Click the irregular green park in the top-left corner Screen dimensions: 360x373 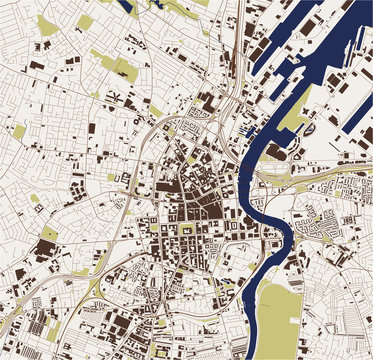(47, 25)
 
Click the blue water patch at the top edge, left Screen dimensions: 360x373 (128, 7)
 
